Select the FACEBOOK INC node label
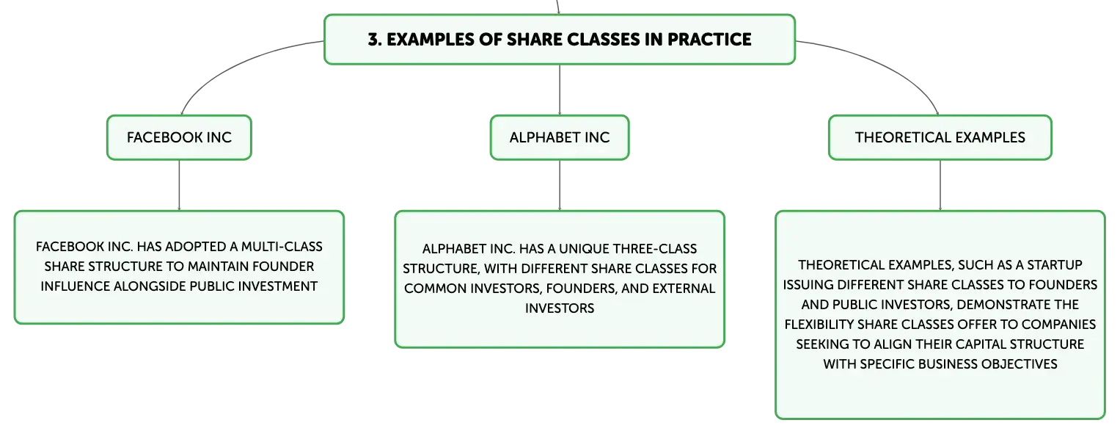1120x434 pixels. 179,137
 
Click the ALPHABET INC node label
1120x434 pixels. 560,137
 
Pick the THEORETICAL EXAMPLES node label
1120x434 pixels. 940,137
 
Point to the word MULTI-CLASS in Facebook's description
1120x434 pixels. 282,246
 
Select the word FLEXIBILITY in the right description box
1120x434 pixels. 819,325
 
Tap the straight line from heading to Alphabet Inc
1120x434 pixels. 560,90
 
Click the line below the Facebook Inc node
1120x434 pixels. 179,185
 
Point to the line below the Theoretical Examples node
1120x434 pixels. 940,185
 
